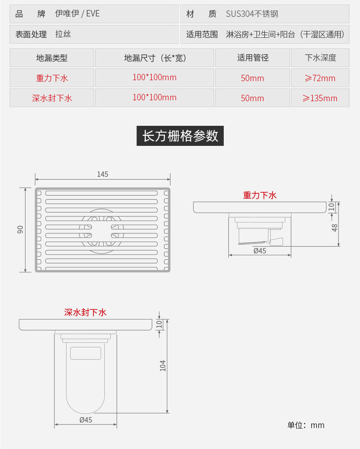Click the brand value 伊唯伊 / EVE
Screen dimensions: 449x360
pos(77,14)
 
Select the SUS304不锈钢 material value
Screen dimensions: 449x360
pos(252,14)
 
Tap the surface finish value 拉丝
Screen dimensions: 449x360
pos(63,34)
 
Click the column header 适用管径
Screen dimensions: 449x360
pos(252,58)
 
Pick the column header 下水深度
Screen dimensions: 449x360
pos(320,58)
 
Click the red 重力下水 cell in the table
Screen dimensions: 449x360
pos(52,78)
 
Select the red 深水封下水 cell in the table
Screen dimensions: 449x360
pos(52,98)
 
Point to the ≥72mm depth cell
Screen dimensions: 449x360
pos(320,78)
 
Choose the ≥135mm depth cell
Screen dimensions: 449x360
pos(320,98)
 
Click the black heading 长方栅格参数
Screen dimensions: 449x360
pos(180,136)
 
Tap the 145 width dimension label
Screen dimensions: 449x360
pos(103,174)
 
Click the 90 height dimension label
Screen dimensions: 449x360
pos(21,230)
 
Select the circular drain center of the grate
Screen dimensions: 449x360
pos(101,231)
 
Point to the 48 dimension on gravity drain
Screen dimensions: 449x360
pos(335,227)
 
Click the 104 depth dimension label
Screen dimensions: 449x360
pos(163,365)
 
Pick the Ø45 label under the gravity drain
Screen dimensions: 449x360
pos(260,250)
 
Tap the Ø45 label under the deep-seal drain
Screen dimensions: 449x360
pos(86,420)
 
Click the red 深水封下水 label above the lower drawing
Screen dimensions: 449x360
pos(85,312)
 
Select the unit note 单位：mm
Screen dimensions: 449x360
pos(306,425)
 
